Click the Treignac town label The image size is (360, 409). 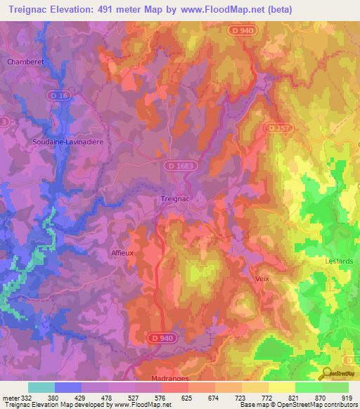[x=176, y=199]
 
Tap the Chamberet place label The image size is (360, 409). [x=26, y=62]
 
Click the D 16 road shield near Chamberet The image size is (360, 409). [x=63, y=94]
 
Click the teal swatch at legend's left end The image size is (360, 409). [x=41, y=387]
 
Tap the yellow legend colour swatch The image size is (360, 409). [x=281, y=387]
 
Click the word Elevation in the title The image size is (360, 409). [x=73, y=10]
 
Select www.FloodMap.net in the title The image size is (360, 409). [x=221, y=10]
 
